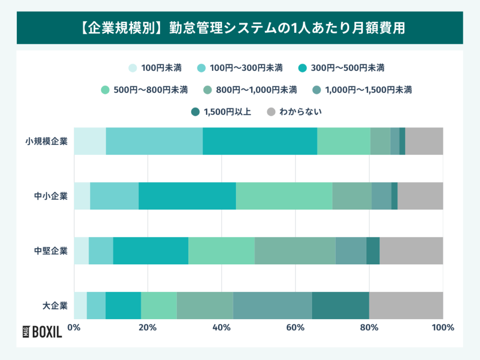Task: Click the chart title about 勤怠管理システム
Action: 240,28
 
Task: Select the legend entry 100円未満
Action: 155,68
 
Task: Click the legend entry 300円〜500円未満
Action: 341,68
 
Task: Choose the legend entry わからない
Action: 294,112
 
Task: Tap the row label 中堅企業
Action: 51,251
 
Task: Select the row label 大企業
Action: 55,306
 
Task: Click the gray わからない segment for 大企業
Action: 406,306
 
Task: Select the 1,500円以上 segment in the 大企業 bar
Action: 340,306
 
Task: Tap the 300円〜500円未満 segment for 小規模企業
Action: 260,141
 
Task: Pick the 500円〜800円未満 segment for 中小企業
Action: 284,196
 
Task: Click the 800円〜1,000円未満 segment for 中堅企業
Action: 295,251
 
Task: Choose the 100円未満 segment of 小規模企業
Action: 90,141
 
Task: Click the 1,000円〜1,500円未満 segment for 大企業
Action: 272,306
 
